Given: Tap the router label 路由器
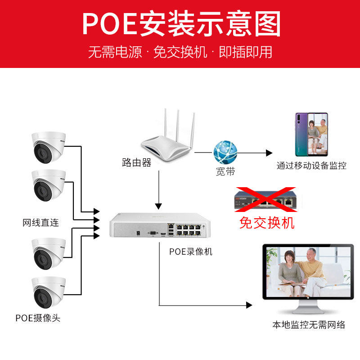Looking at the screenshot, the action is (x=136, y=162).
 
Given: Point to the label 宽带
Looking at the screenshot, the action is (x=225, y=171).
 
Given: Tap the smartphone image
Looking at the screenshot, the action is (x=311, y=134).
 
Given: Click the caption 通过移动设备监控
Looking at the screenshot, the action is (x=311, y=166).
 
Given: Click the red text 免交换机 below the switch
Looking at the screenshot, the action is (x=267, y=222).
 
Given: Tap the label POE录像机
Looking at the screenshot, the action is (x=190, y=252).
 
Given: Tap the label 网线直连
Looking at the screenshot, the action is (x=41, y=223).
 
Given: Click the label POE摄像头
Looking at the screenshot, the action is (x=38, y=318).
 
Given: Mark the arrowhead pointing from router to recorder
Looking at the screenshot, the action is (x=158, y=206).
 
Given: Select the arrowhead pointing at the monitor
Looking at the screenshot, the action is (x=249, y=305).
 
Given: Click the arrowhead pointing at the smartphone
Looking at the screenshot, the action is (x=270, y=153).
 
